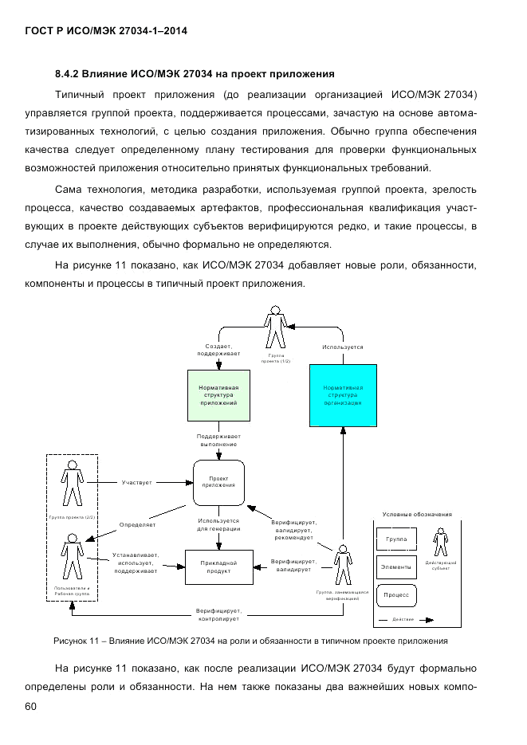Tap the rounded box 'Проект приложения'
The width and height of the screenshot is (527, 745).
(x=218, y=483)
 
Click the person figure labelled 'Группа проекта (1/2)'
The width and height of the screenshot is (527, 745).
(x=275, y=327)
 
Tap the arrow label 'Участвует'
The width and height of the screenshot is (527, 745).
(x=137, y=483)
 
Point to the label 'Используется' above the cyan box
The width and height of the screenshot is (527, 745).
(x=343, y=347)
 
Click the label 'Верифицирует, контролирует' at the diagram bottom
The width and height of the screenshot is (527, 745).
(x=218, y=614)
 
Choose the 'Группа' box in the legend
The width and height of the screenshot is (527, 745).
(x=396, y=540)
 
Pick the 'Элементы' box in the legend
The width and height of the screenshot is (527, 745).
(x=396, y=567)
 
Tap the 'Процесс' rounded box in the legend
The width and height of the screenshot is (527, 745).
(x=396, y=595)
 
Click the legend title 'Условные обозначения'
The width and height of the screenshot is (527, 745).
(x=417, y=515)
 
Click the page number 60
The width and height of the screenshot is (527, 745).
(x=32, y=706)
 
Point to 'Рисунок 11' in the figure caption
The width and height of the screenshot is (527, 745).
(x=78, y=641)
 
